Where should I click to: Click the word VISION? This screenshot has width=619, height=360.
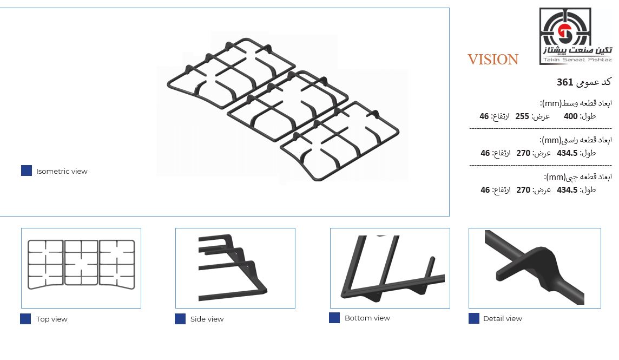tap(493, 59)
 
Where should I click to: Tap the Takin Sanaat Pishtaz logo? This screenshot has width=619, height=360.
tap(576, 36)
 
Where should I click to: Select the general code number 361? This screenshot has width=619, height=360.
tap(564, 82)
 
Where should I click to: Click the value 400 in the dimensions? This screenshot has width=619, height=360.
tap(570, 116)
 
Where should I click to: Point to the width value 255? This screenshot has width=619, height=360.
tap(522, 116)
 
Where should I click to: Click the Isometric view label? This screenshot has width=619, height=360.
tap(62, 171)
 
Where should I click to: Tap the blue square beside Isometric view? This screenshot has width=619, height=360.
tap(27, 171)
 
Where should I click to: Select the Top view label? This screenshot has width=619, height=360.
tap(52, 319)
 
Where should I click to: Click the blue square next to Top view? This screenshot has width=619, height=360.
tap(25, 319)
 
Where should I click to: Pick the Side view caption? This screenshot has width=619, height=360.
tap(207, 319)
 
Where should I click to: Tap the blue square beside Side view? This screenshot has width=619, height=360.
tap(180, 319)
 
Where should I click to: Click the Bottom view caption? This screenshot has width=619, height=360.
tap(367, 318)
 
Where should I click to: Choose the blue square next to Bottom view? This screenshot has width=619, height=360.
tap(334, 318)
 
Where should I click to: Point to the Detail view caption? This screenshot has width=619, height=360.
tap(503, 318)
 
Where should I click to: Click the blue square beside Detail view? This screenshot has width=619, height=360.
tap(474, 318)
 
